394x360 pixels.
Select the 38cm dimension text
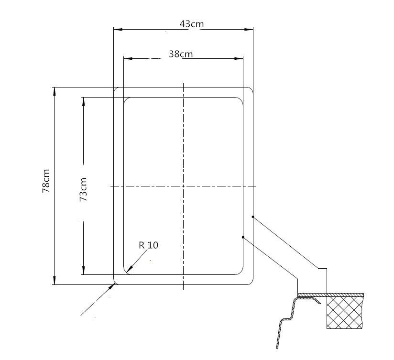point(181,54)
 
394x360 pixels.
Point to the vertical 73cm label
point(83,189)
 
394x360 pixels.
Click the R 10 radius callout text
point(148,245)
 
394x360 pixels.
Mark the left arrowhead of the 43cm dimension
point(117,30)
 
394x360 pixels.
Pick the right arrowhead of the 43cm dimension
point(250,30)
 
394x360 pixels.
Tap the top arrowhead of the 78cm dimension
point(55,91)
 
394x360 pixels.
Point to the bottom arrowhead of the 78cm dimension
point(55,281)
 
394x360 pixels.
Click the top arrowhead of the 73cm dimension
point(83,101)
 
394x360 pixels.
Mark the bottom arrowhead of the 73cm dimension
point(83,271)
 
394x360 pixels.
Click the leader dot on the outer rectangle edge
point(253,217)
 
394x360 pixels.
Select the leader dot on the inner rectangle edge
point(243,237)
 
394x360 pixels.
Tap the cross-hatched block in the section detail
point(345,311)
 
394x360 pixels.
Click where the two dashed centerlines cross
point(184,186)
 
